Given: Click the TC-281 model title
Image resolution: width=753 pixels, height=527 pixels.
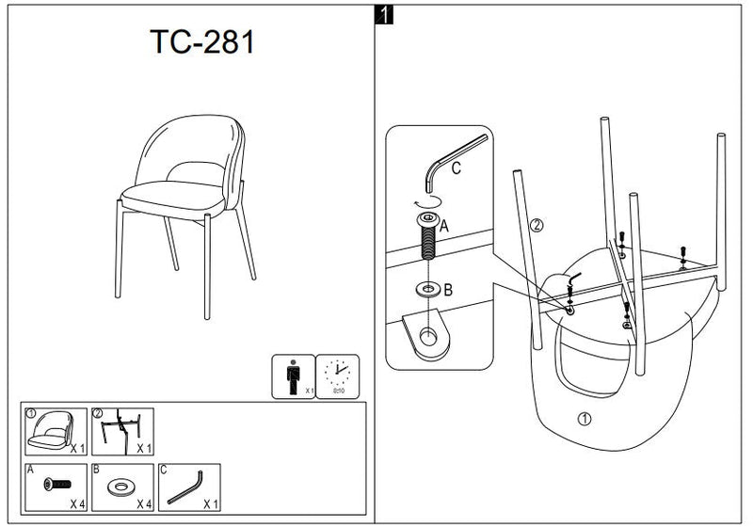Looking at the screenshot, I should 201,41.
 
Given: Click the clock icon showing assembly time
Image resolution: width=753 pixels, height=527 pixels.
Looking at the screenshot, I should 336,375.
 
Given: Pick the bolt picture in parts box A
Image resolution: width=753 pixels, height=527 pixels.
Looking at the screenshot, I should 56,485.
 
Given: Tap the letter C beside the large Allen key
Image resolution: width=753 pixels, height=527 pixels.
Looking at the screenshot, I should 455,169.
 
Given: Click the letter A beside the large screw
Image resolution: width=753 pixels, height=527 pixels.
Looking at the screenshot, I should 443,225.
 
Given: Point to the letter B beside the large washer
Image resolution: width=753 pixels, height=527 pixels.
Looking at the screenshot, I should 447,290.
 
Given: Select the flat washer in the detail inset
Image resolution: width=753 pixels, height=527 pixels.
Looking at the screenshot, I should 427,287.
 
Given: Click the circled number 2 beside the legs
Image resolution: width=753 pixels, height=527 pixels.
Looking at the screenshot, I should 537,225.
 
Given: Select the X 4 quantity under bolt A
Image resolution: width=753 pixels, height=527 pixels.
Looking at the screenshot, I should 77,503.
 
